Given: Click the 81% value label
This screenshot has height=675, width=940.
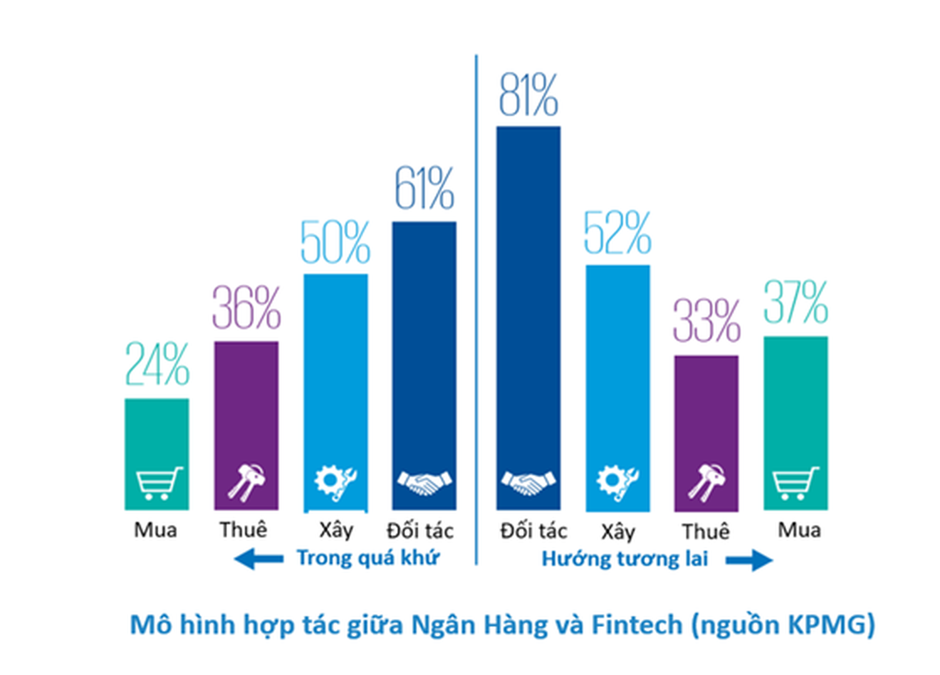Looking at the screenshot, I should coord(528,95).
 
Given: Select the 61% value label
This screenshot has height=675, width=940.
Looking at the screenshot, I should coord(424,189).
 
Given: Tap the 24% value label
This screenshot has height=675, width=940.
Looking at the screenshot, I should coord(157,364).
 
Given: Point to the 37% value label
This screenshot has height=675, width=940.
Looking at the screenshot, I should coord(795,302).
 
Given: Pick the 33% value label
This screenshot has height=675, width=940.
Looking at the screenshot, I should coord(706,321).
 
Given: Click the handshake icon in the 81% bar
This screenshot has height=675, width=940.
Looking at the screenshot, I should coord(528,482).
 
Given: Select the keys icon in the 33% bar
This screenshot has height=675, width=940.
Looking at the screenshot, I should coord(707,482).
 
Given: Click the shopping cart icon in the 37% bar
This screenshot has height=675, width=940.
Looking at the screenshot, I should coord(795,483).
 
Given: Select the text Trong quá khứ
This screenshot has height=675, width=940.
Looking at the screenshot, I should coord(368,558).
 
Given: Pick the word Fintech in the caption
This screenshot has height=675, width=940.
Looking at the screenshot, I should coord(636,624).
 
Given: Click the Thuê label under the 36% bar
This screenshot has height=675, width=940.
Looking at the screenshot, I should coord(243,530).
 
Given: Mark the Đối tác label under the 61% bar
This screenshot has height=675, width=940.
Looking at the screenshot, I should coord(420,530).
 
